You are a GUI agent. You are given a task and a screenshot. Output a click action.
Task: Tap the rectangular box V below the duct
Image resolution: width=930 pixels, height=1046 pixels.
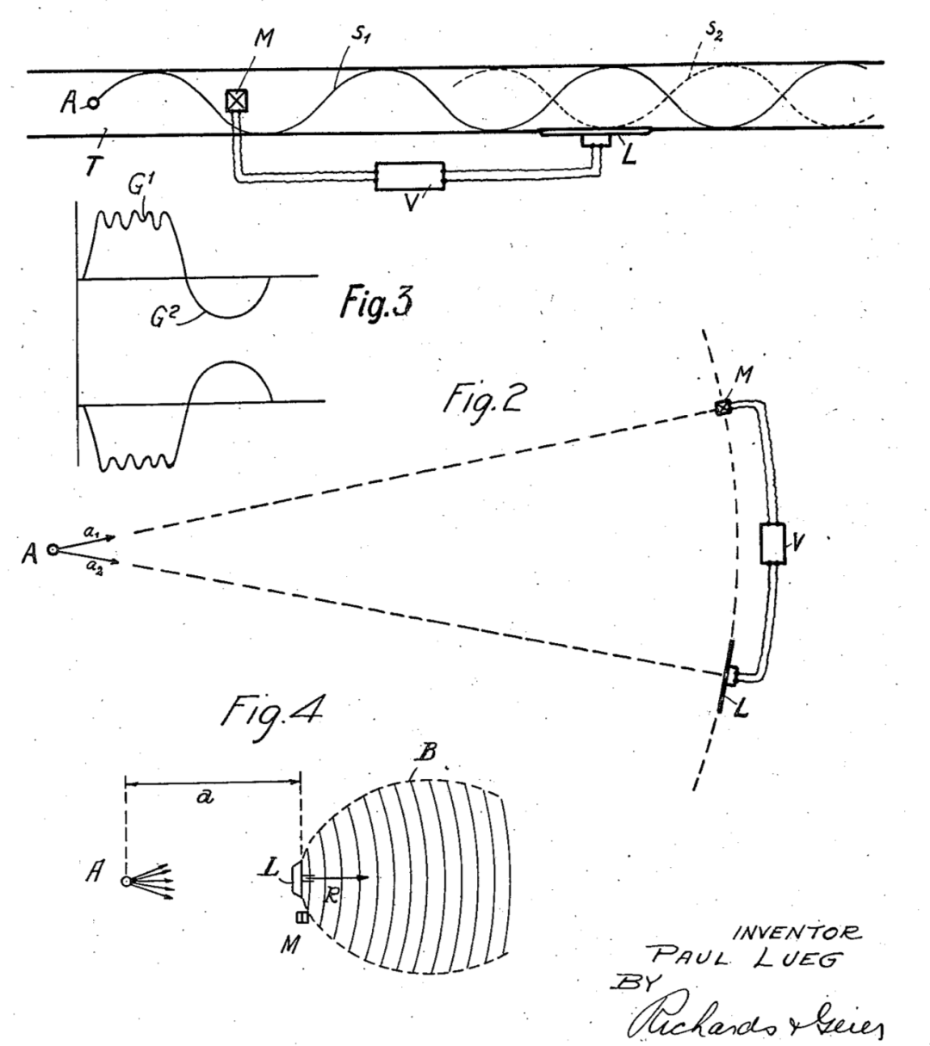click(410, 176)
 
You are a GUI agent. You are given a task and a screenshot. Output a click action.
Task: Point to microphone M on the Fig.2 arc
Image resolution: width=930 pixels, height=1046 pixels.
click(724, 406)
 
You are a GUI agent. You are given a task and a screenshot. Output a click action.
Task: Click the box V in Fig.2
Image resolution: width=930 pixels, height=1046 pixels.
click(776, 543)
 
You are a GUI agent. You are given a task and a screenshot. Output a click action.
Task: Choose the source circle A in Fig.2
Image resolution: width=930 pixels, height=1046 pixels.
click(53, 550)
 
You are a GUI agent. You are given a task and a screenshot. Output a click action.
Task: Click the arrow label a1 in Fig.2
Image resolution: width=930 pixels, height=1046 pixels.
click(89, 533)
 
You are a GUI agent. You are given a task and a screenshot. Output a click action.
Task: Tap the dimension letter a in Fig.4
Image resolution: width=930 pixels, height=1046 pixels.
click(204, 797)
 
